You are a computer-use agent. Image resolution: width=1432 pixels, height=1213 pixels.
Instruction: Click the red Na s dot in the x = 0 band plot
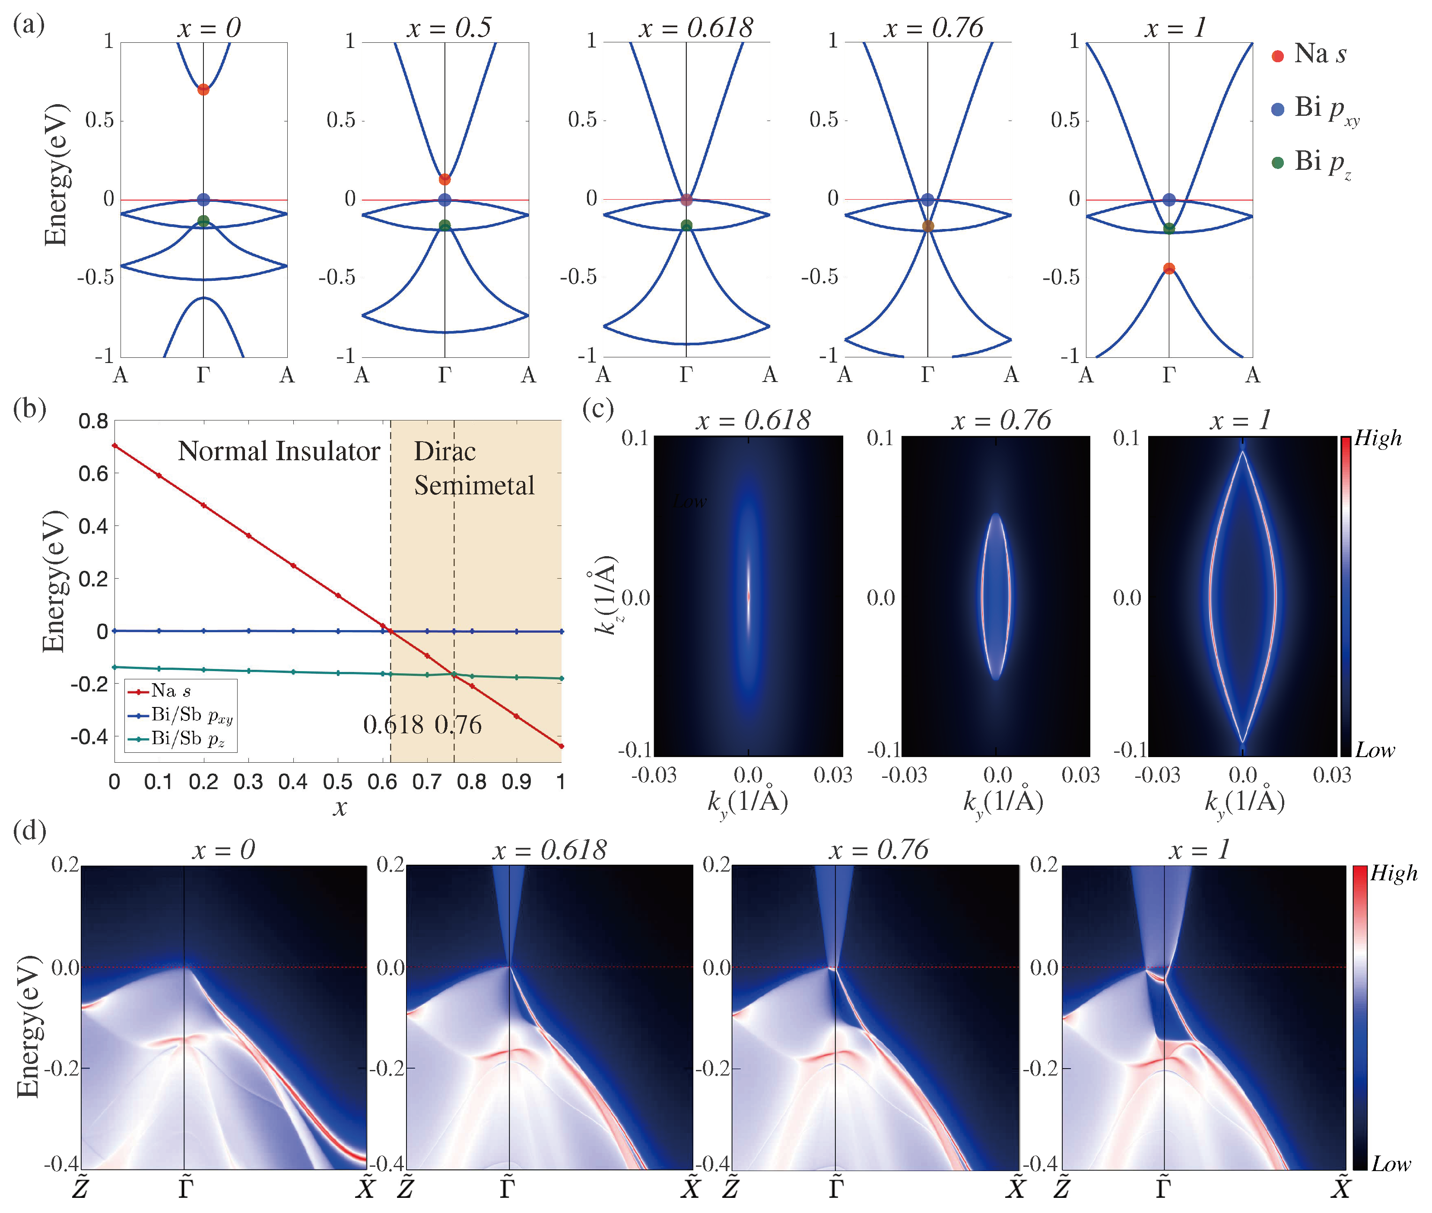pyautogui.click(x=203, y=89)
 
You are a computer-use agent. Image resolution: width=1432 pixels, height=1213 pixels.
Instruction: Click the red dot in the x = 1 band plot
pyautogui.click(x=1168, y=269)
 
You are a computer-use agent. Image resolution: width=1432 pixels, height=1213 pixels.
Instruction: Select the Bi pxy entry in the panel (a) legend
pyautogui.click(x=1317, y=108)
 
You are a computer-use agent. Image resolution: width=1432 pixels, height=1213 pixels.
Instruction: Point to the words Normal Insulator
pyautogui.click(x=279, y=452)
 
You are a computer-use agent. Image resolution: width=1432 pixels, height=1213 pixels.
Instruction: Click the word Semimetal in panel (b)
pyautogui.click(x=474, y=485)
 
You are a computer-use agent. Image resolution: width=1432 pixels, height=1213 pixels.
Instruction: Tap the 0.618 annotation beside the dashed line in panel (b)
pyautogui.click(x=393, y=725)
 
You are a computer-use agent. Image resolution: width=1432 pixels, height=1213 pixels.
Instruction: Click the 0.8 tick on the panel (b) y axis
pyautogui.click(x=93, y=421)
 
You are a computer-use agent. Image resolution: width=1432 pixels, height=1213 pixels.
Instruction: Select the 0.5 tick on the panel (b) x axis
pyautogui.click(x=337, y=782)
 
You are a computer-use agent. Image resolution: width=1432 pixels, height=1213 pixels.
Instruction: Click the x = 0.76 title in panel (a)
pyautogui.click(x=933, y=28)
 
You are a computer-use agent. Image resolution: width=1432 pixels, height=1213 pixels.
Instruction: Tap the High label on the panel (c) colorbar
pyautogui.click(x=1377, y=438)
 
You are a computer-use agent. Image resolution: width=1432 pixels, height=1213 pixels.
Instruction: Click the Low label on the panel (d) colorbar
pyautogui.click(x=1391, y=1164)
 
